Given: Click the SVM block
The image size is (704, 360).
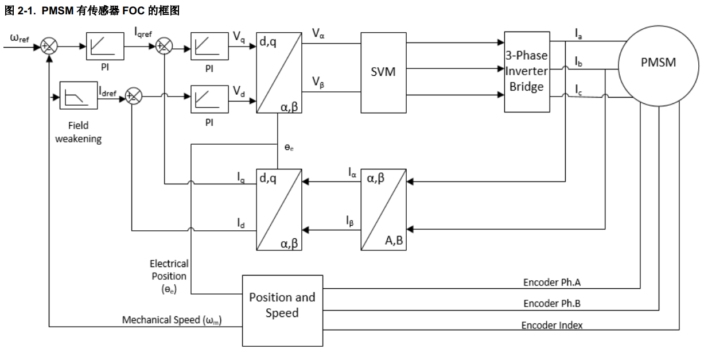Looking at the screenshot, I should [383, 72].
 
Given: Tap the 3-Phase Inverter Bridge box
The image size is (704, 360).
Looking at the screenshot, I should [526, 72].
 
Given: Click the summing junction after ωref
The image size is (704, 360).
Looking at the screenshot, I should [50, 47].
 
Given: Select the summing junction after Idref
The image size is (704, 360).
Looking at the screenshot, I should [133, 96].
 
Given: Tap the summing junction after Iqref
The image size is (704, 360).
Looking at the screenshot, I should [164, 47].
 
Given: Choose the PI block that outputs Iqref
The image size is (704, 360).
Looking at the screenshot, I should [105, 47].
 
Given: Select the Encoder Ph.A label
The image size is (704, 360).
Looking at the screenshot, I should [553, 282].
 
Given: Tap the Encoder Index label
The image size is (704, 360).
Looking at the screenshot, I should [551, 325].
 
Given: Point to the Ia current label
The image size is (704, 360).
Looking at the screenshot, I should [579, 34].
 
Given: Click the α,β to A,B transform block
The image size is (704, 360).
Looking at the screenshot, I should [383, 210].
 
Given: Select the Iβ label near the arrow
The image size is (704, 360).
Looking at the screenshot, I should [350, 220].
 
